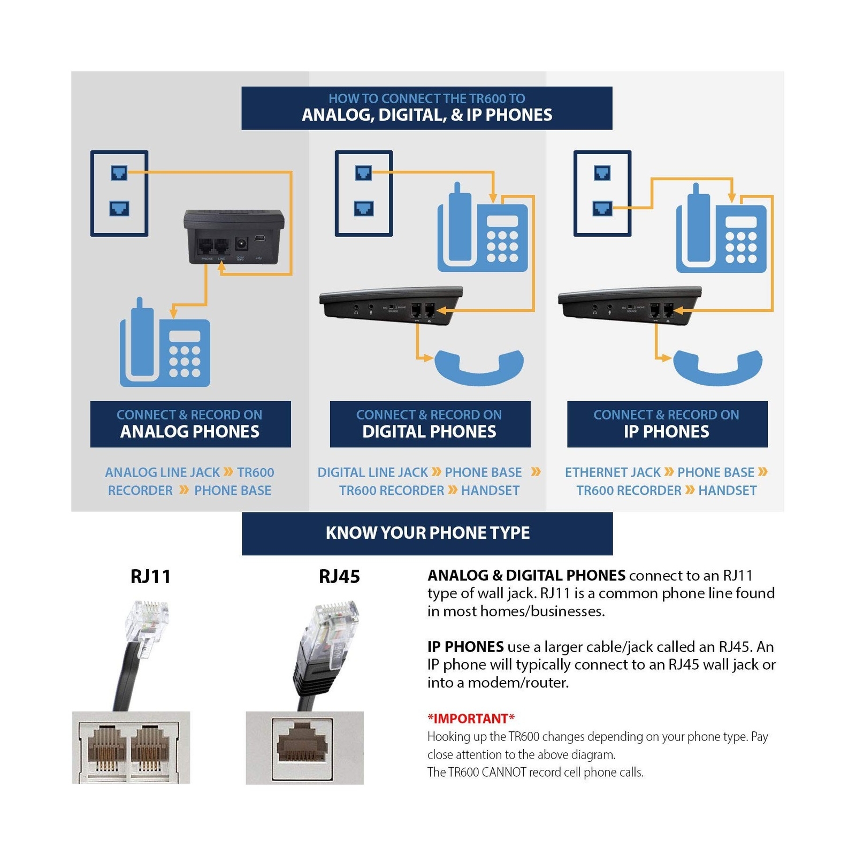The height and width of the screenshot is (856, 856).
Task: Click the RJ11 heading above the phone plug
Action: pyautogui.click(x=150, y=576)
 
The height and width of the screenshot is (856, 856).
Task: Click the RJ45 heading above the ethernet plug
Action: pyautogui.click(x=339, y=576)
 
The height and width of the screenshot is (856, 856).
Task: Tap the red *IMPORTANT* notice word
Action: pyautogui.click(x=471, y=718)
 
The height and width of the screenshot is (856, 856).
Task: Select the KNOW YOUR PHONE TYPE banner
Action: pyautogui.click(x=427, y=533)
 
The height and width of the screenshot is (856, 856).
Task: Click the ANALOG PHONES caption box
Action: pyautogui.click(x=190, y=424)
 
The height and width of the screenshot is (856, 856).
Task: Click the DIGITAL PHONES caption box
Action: pyautogui.click(x=430, y=424)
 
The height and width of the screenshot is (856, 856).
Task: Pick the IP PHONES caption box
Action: pyautogui.click(x=667, y=424)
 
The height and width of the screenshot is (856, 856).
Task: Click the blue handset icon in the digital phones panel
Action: pyautogui.click(x=479, y=368)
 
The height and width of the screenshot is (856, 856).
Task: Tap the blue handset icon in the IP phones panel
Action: pyautogui.click(x=717, y=368)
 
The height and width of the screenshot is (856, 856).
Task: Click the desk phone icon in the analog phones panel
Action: pyautogui.click(x=165, y=345)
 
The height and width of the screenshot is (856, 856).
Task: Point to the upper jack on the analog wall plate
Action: pyautogui.click(x=119, y=173)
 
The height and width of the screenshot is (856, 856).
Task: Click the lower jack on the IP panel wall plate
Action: pyautogui.click(x=602, y=208)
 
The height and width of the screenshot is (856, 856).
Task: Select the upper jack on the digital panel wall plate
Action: pyautogui.click(x=363, y=173)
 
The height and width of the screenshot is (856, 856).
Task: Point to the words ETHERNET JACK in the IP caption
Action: pyautogui.click(x=613, y=472)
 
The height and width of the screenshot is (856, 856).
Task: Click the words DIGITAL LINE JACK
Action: pyautogui.click(x=372, y=472)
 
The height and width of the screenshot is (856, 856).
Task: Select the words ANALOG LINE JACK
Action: pyautogui.click(x=162, y=472)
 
